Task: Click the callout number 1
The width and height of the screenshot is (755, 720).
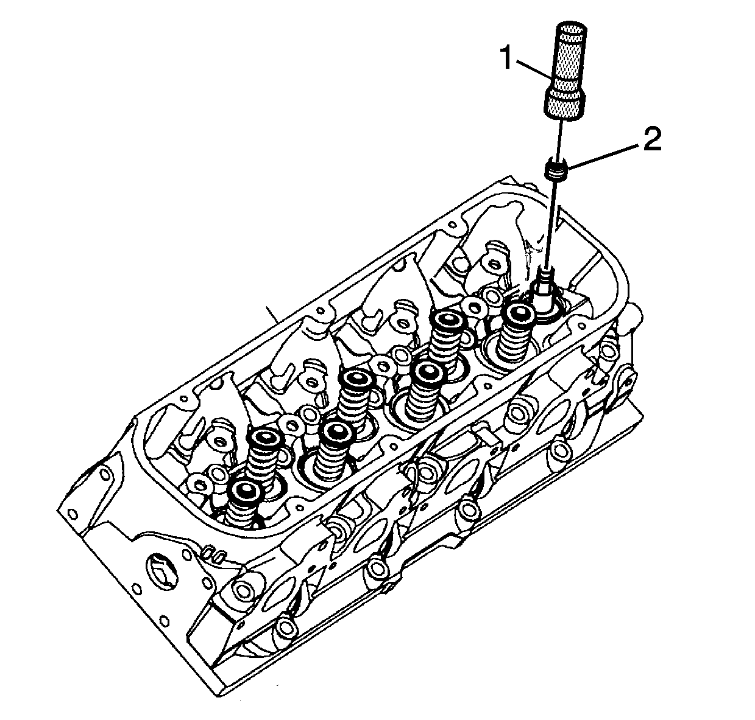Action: pyautogui.click(x=506, y=57)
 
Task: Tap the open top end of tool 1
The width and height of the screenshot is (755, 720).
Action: pyautogui.click(x=572, y=29)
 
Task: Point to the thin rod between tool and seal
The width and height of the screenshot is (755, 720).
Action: pyautogui.click(x=559, y=138)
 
